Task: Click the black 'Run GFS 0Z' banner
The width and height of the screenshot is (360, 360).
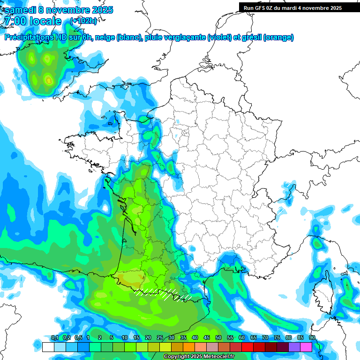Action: (x=292, y=7)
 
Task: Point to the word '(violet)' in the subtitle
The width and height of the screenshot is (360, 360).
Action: (x=219, y=37)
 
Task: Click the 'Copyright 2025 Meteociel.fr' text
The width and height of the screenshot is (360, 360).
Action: (x=199, y=357)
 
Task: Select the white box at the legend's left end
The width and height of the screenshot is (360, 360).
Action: (x=48, y=347)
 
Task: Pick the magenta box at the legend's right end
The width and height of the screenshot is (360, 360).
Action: (x=306, y=347)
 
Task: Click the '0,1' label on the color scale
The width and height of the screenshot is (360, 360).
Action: (x=54, y=338)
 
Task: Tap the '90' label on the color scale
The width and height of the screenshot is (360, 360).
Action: (x=312, y=338)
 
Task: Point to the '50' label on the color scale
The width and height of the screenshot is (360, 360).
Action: (x=218, y=338)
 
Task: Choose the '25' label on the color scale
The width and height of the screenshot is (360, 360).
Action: (x=160, y=338)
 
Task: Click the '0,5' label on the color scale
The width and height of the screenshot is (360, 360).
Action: (x=78, y=338)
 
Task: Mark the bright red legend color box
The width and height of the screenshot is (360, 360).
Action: (x=247, y=347)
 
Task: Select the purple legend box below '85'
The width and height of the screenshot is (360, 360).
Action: (x=294, y=347)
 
